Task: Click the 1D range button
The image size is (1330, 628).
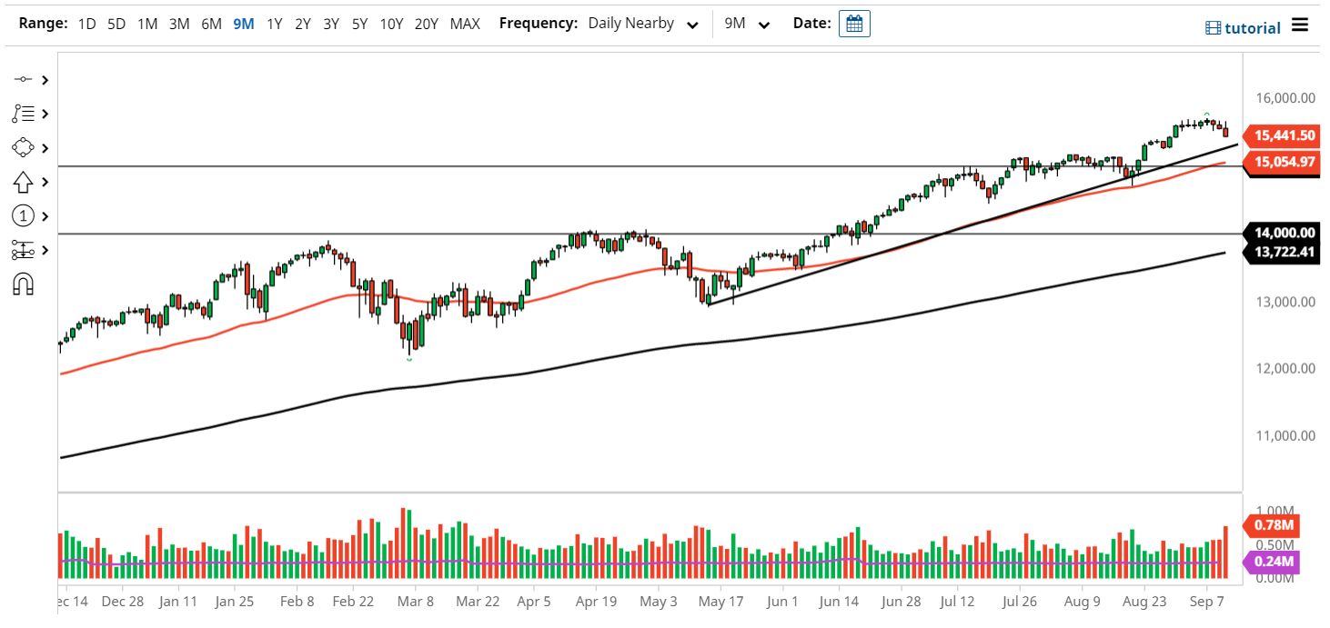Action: [86, 24]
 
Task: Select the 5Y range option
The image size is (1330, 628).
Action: [360, 24]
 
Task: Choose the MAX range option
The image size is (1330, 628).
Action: [465, 24]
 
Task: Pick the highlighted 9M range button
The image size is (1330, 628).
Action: [243, 24]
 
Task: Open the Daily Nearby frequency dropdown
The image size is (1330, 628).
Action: [643, 24]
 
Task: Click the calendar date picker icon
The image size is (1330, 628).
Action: [854, 24]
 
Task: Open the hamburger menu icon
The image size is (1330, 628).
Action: [1300, 25]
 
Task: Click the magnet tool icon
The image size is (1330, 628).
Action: [24, 284]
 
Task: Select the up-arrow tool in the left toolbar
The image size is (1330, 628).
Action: [24, 182]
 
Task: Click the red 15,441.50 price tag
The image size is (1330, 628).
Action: [1285, 135]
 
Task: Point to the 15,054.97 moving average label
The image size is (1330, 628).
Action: [1285, 162]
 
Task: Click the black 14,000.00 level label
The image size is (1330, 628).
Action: [1285, 233]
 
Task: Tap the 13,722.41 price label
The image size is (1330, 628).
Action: [1285, 252]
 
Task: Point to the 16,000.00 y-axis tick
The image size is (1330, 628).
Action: [1281, 97]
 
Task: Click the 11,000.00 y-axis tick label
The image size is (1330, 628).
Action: [1281, 435]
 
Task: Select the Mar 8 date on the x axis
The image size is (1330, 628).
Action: [416, 601]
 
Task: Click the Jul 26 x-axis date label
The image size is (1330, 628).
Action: [1021, 601]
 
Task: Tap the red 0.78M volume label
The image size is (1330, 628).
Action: [1274, 525]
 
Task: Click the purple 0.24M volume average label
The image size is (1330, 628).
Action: [1274, 562]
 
